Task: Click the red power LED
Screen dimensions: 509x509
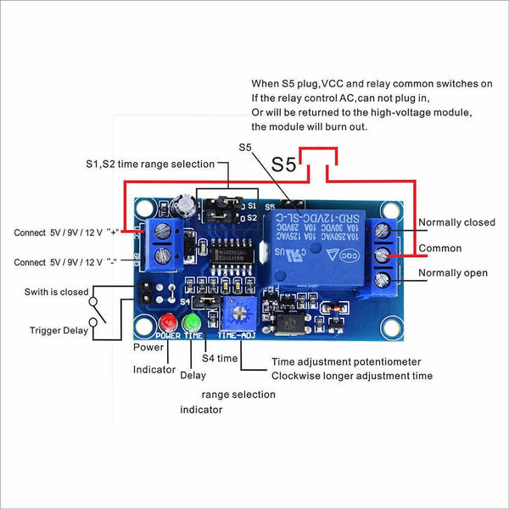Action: [x=167, y=322]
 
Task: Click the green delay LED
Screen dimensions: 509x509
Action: [x=192, y=322]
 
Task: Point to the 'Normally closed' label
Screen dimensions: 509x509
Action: [x=456, y=223]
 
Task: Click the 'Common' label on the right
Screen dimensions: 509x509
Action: [x=440, y=249]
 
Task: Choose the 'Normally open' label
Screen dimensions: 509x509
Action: [x=453, y=273]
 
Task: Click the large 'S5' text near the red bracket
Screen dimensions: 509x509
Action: [x=284, y=165]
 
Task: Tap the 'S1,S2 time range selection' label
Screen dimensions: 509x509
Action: [x=148, y=164]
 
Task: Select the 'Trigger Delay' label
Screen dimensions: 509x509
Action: [x=59, y=331]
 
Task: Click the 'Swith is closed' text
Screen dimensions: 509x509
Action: [x=56, y=292]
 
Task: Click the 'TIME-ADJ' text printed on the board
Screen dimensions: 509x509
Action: [x=235, y=336]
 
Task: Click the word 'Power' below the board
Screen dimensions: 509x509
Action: [x=148, y=348]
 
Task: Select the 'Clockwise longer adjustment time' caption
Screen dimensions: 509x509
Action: [x=352, y=376]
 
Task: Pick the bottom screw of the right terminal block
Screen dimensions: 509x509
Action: [x=382, y=277]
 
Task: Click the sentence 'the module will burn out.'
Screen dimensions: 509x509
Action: [x=309, y=126]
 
